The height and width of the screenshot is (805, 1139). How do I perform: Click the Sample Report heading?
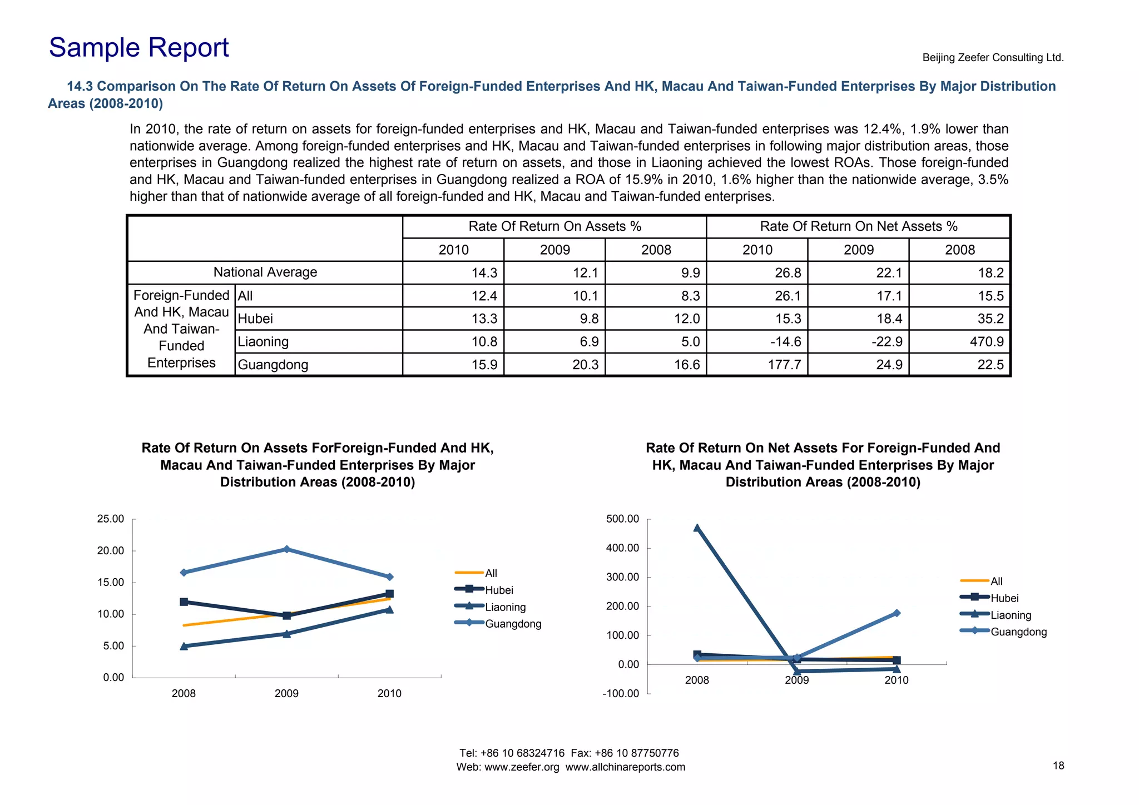pyautogui.click(x=138, y=48)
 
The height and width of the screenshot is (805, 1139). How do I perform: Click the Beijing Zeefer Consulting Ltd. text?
pyautogui.click(x=993, y=57)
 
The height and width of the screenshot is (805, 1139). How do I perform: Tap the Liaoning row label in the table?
pyautogui.click(x=263, y=341)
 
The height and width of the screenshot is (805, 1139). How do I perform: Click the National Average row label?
pyautogui.click(x=265, y=272)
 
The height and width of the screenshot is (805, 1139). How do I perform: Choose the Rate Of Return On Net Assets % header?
pyautogui.click(x=858, y=226)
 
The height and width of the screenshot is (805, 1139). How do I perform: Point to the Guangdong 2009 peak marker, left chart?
pyautogui.click(x=286, y=549)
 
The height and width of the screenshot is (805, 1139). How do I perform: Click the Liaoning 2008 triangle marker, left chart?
pyautogui.click(x=184, y=646)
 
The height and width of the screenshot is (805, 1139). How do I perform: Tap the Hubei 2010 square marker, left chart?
pyautogui.click(x=389, y=594)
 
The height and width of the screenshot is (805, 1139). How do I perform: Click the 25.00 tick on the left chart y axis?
pyautogui.click(x=111, y=519)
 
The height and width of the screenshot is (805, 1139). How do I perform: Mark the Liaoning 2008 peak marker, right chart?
pyautogui.click(x=697, y=528)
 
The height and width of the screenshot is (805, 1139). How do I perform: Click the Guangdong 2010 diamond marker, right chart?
pyautogui.click(x=897, y=613)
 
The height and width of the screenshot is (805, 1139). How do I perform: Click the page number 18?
pyautogui.click(x=1058, y=766)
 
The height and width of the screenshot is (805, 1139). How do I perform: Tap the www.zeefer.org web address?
pyautogui.click(x=522, y=767)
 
